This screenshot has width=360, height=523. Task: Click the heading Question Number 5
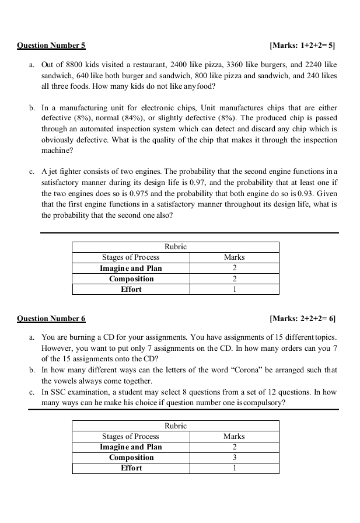(x=51, y=45)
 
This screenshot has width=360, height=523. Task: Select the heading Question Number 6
(x=51, y=318)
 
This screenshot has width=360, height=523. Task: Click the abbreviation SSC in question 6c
(x=59, y=392)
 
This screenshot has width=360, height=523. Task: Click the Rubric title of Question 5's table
(x=176, y=247)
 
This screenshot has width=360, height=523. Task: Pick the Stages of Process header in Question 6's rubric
(x=131, y=436)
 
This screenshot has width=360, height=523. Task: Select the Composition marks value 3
(x=234, y=457)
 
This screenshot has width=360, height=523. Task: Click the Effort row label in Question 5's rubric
(x=131, y=289)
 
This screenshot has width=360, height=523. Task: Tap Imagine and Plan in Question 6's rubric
(x=131, y=447)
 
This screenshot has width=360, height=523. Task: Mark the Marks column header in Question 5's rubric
(x=234, y=257)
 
